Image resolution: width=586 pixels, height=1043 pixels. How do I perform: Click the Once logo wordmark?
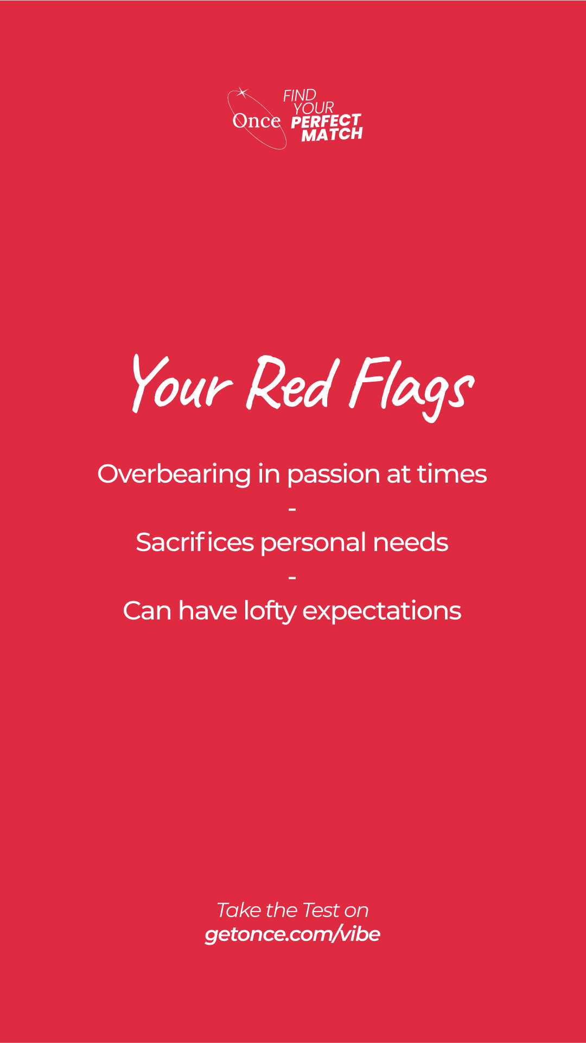(x=257, y=121)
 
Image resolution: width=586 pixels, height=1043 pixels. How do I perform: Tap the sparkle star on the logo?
(x=242, y=93)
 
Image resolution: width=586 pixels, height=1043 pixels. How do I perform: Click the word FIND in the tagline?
(x=300, y=96)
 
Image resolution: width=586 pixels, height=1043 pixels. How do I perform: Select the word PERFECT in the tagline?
(x=326, y=121)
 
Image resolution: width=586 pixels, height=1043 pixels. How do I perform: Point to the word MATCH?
(x=332, y=134)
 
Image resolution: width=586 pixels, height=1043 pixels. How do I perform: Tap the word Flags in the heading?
(x=411, y=388)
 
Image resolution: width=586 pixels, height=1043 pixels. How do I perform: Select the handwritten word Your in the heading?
(x=182, y=383)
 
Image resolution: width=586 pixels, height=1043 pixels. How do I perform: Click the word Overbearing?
(x=174, y=475)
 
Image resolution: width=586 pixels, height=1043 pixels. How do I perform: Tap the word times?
(x=452, y=474)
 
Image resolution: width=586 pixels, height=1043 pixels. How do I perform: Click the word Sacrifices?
(x=195, y=542)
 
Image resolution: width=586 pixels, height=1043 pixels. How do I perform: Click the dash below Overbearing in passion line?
(x=292, y=509)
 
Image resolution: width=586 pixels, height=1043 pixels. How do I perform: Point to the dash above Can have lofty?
(x=292, y=578)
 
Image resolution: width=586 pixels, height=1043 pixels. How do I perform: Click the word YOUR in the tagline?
(x=314, y=108)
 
